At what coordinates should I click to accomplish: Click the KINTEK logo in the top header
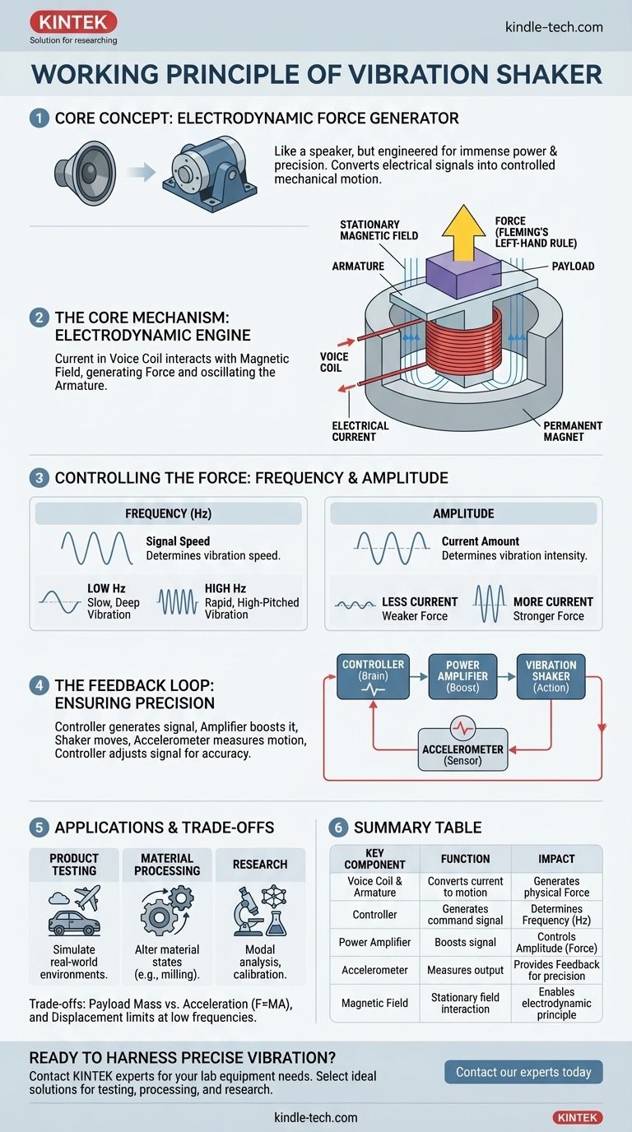click(73, 22)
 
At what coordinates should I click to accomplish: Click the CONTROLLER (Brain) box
click(373, 675)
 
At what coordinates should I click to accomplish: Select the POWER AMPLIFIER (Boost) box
click(462, 675)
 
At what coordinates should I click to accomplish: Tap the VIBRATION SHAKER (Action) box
click(551, 675)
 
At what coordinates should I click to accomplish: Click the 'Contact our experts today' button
click(523, 1071)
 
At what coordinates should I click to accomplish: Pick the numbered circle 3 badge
click(39, 477)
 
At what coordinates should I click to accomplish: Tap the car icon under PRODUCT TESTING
click(74, 922)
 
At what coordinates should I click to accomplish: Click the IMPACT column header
click(555, 859)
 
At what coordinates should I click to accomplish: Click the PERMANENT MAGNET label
click(572, 431)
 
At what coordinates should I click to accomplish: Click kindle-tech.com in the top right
click(553, 27)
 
